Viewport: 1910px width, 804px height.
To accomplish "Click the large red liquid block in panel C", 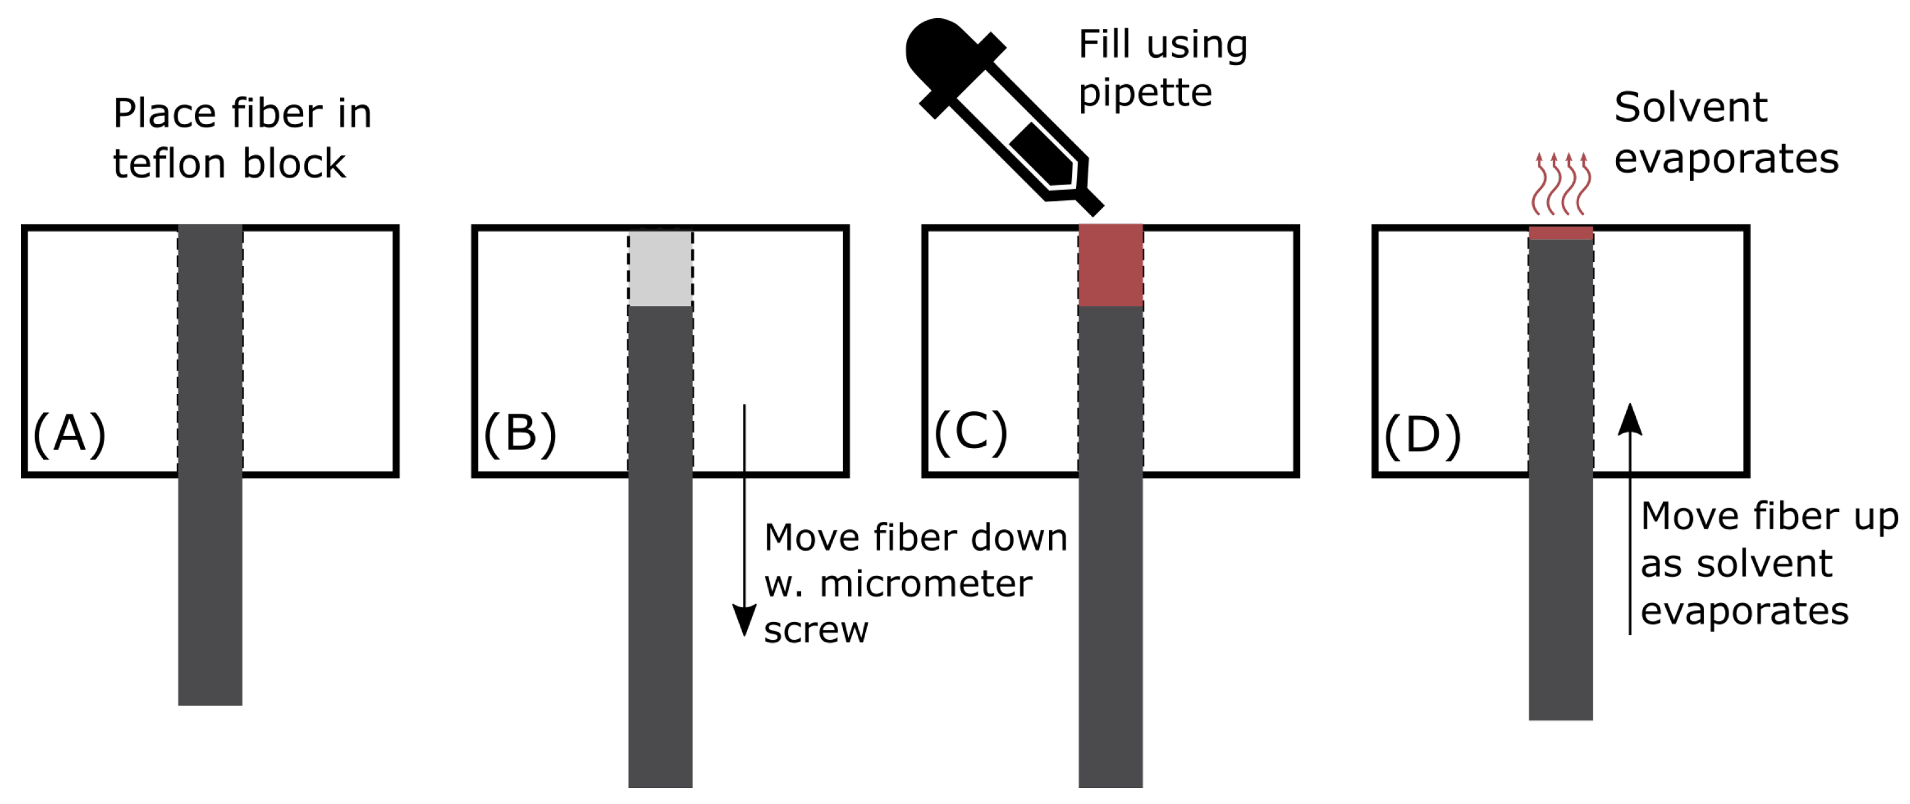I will tap(1110, 266).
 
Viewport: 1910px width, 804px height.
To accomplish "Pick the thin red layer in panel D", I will tap(1561, 234).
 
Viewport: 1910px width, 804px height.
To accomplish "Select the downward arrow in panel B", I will tap(745, 519).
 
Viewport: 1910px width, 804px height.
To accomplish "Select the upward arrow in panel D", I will tap(1630, 519).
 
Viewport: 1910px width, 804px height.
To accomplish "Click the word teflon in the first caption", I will tap(170, 164).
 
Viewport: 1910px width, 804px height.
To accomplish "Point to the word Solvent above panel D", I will tap(1690, 108).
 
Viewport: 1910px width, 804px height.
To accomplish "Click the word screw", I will tap(815, 631).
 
